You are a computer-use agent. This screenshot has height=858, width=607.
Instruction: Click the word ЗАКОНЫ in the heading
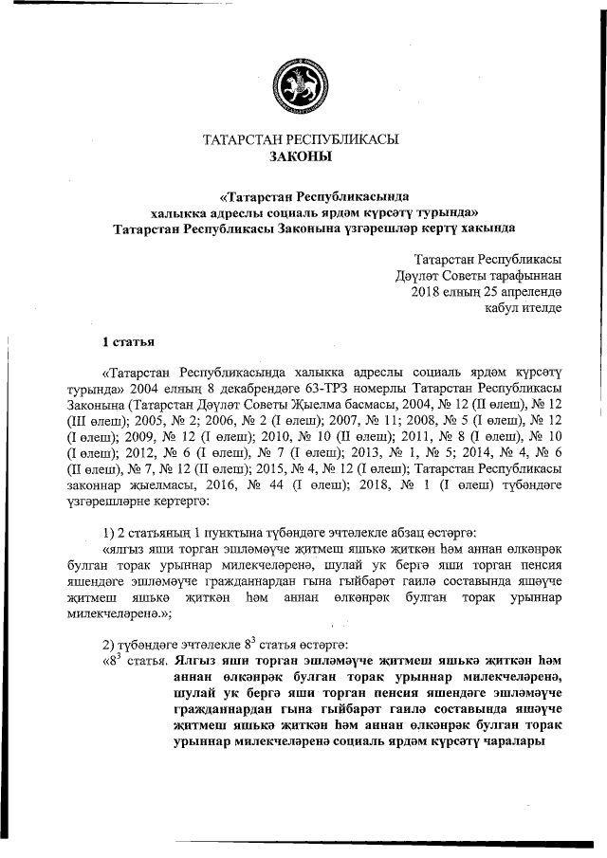(302, 156)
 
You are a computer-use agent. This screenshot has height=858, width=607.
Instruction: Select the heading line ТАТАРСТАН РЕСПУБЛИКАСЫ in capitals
(302, 139)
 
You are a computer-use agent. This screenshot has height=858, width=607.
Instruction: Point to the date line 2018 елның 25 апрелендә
(487, 291)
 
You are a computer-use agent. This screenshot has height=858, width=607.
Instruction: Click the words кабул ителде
(523, 307)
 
